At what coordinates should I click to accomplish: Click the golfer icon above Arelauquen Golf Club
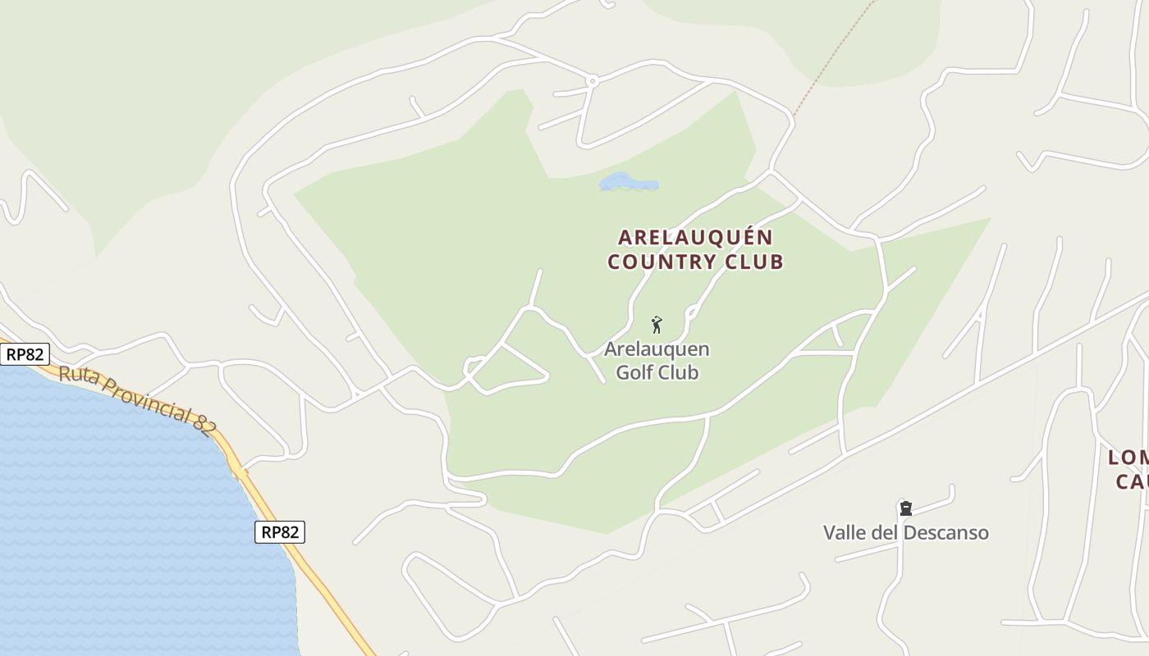(x=657, y=325)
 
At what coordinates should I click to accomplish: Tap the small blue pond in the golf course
(x=628, y=183)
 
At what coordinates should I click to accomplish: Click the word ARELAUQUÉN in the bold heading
(x=695, y=238)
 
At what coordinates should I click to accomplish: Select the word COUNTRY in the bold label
(x=661, y=262)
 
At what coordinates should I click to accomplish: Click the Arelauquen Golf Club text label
(x=657, y=361)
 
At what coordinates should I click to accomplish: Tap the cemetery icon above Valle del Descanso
(x=905, y=508)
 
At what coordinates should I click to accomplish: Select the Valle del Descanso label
(x=905, y=533)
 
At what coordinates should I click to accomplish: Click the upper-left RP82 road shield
(x=25, y=354)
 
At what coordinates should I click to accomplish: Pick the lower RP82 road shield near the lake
(x=279, y=532)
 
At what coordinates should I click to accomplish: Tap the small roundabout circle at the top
(x=592, y=80)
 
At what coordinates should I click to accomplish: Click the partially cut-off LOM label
(x=1128, y=458)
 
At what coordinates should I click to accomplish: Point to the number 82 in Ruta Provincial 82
(x=205, y=422)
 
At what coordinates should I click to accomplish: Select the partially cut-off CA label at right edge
(x=1132, y=481)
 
